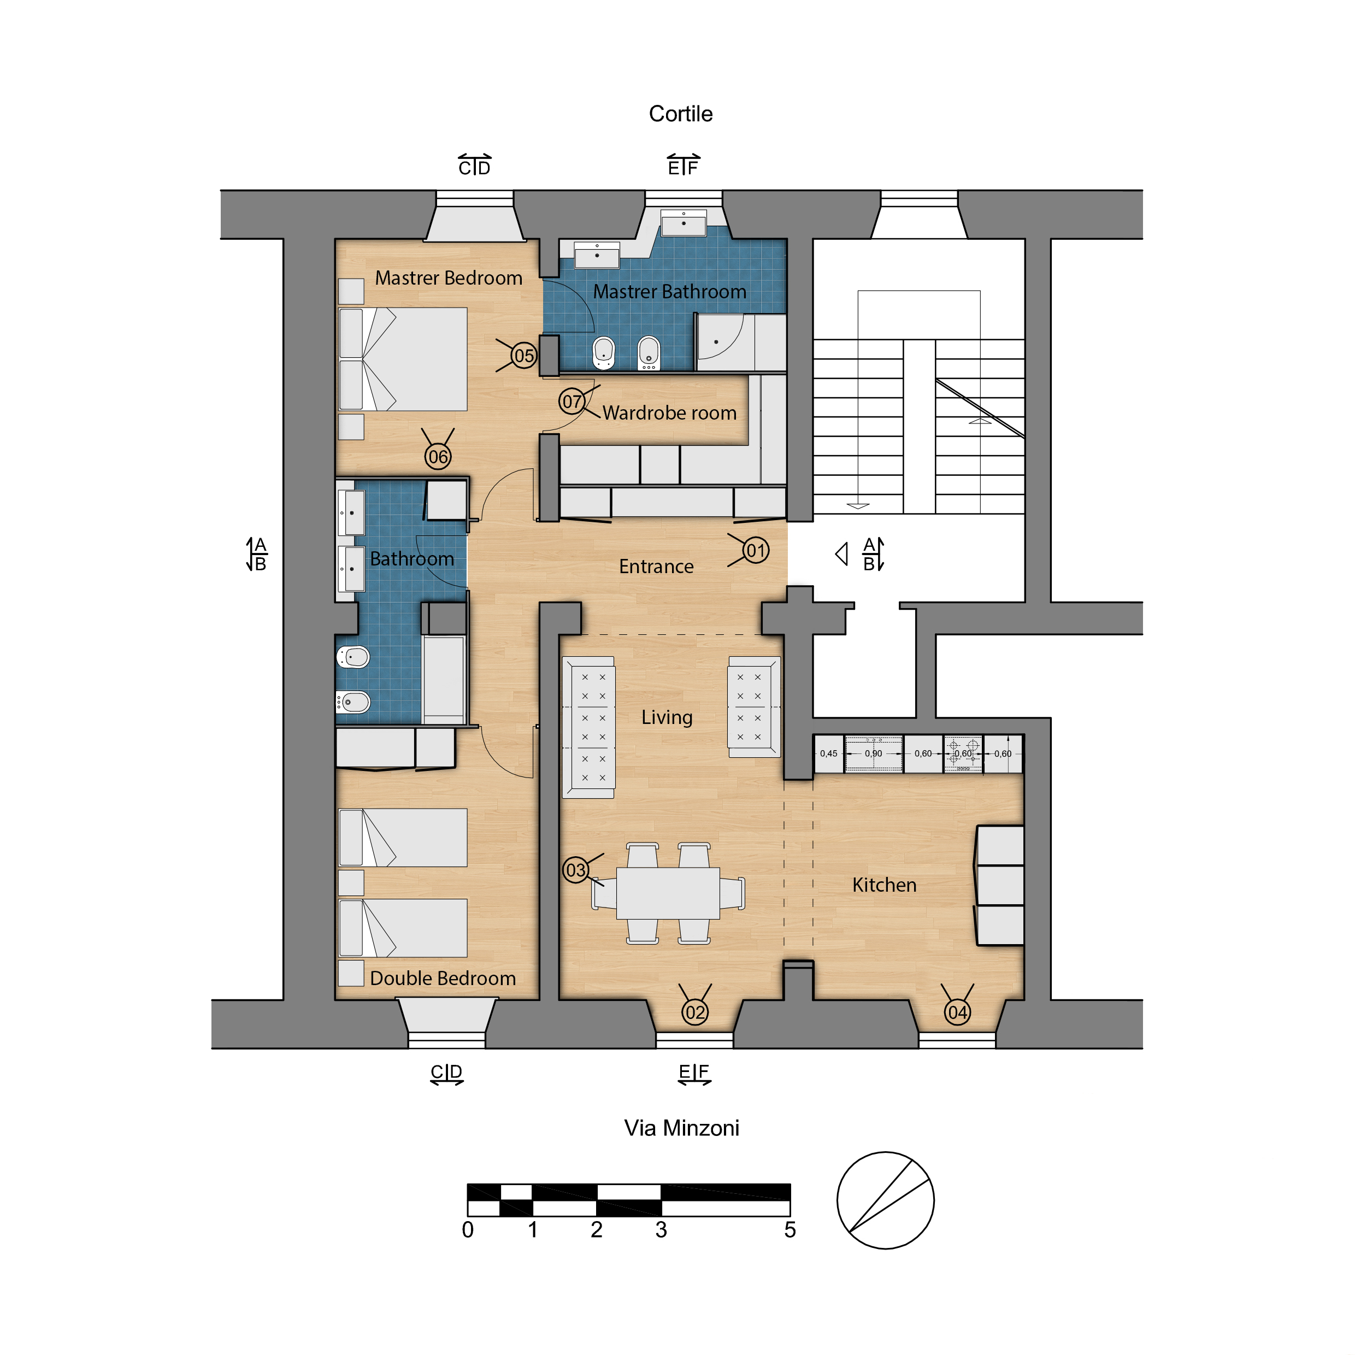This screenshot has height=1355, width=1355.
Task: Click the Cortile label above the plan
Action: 680,114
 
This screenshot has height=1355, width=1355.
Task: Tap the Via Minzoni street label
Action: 682,1128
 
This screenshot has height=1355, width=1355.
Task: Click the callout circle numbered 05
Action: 524,356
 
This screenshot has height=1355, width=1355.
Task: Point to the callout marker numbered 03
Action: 576,870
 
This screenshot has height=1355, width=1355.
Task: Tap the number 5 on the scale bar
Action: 790,1230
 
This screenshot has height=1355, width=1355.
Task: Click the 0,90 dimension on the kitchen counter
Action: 873,753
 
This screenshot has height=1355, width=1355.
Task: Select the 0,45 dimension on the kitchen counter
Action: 828,753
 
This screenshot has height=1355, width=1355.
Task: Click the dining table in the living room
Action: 668,893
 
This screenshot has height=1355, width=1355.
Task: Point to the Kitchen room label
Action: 885,885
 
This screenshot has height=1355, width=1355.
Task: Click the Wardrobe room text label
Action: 670,413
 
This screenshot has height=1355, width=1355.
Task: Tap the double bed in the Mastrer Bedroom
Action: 403,359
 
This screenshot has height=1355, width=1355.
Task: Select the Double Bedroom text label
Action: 443,979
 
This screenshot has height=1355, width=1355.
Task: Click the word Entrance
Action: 656,567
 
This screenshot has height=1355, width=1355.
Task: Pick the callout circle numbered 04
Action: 957,1013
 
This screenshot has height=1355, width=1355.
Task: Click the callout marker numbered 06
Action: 438,457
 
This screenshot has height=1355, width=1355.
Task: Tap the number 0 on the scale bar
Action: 468,1230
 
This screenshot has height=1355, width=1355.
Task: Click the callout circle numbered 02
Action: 695,1013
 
